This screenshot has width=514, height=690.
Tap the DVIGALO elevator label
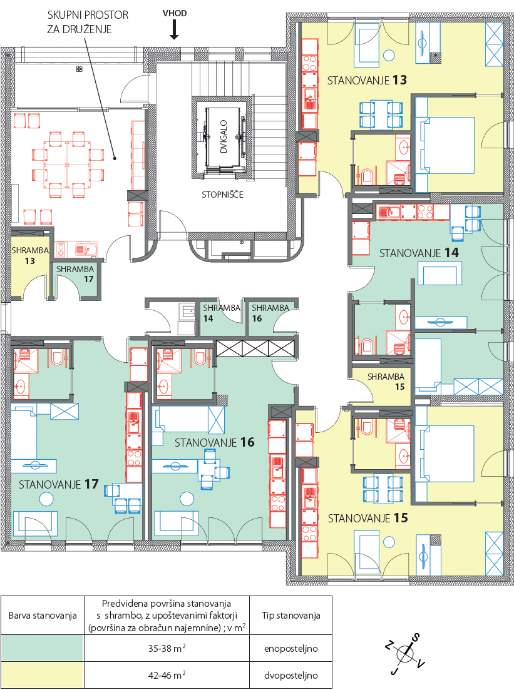[224, 137]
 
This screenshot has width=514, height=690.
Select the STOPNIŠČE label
[222, 195]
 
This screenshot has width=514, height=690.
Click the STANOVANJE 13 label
[367, 80]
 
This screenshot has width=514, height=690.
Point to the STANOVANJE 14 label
[419, 253]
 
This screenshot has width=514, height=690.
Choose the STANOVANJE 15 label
[368, 519]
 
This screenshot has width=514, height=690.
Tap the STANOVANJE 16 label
[215, 443]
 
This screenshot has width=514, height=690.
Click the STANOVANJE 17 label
[59, 484]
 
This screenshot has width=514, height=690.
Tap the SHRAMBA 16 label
[270, 313]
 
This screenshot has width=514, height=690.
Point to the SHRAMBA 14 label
[221, 313]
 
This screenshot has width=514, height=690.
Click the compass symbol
[404, 654]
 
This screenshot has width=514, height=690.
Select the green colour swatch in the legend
[43, 647]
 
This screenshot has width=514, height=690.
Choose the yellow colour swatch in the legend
[43, 674]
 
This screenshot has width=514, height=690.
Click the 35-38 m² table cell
[167, 647]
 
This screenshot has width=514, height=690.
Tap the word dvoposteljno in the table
[290, 675]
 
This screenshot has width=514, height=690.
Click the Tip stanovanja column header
[290, 615]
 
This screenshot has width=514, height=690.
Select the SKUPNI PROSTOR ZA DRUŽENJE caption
[88, 22]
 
